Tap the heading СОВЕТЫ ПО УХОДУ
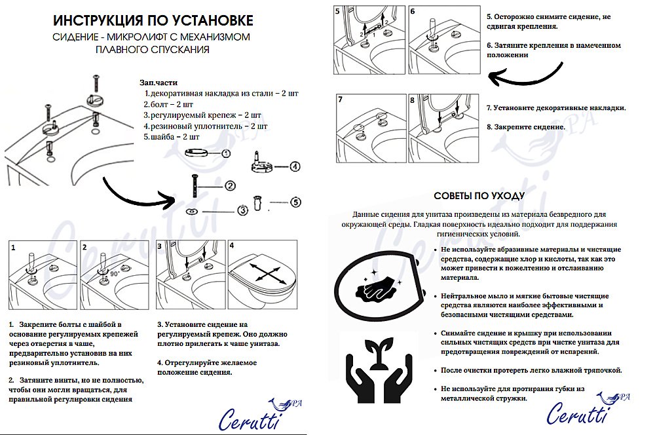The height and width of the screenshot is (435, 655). click(479, 196)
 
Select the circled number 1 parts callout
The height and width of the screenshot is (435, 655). click(225, 153)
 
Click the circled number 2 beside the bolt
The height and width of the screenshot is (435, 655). click(230, 185)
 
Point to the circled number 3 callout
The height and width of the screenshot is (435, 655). click(242, 210)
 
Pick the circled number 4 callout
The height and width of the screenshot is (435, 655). click(295, 166)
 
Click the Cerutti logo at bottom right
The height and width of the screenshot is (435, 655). click(582, 410)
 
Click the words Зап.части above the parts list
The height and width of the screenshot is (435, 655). click(157, 83)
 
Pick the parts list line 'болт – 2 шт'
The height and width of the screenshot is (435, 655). click(168, 104)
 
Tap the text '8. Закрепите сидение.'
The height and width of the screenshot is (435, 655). click(526, 126)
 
